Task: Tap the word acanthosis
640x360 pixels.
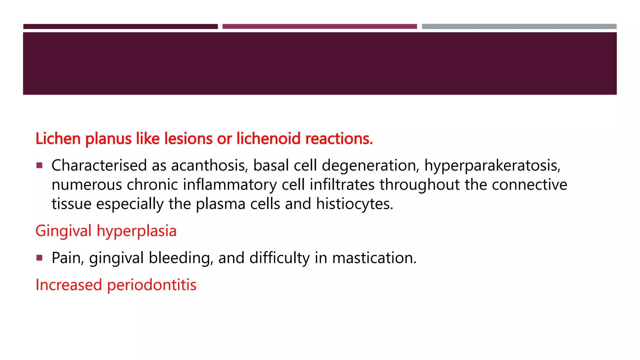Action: coord(209,165)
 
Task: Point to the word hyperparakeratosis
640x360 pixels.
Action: coord(492,166)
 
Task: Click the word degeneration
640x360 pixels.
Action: coord(370,166)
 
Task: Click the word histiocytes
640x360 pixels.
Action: coord(354,204)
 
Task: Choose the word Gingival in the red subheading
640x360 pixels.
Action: coord(63,231)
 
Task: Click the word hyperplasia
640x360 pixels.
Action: coord(137,231)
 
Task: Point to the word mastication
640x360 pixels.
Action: coord(374,258)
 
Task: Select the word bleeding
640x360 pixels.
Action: coord(181,258)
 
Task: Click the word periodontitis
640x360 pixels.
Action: coord(152,285)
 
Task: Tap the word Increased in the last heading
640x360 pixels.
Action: coord(69,285)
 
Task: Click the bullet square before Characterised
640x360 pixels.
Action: coord(39,165)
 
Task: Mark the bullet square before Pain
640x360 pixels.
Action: coord(39,258)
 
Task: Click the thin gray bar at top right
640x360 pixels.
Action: coord(519,27)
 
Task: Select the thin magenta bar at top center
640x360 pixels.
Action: coord(319,27)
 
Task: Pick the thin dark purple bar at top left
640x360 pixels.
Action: coord(120,27)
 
